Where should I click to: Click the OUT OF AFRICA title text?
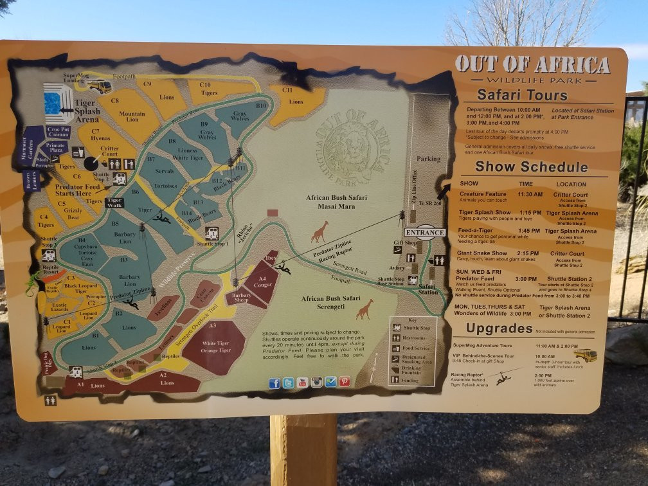tap(532, 65)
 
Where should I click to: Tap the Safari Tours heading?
tap(522, 95)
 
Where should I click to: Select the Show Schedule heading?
tap(531, 167)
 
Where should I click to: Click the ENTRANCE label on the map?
tap(425, 232)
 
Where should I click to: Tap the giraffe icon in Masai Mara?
tap(319, 231)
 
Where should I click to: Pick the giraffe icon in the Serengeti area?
tap(364, 309)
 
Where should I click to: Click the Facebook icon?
tap(274, 383)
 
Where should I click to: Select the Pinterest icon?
tap(345, 381)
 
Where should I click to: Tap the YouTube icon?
tap(302, 382)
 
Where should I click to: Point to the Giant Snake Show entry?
tap(482, 253)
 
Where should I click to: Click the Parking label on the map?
tap(428, 159)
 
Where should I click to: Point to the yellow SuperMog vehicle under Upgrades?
tap(585, 355)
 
